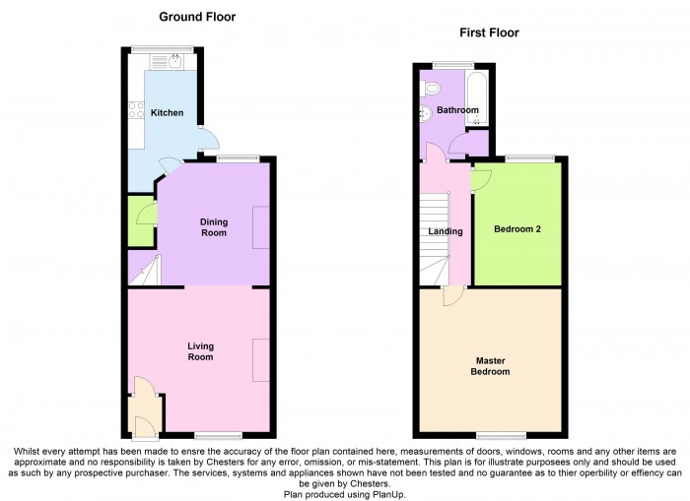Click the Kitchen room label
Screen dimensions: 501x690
point(167,113)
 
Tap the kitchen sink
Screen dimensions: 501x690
point(174,60)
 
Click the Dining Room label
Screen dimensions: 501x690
point(213,227)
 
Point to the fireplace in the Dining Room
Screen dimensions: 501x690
point(260,227)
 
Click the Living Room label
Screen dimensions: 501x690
point(200,351)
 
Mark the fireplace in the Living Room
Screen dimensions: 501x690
point(260,359)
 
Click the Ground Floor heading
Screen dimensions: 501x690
point(197,17)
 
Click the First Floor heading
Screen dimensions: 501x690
point(489,32)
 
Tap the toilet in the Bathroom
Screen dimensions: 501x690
point(429,90)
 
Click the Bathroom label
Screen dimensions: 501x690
point(457,110)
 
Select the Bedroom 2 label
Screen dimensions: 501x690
point(517,228)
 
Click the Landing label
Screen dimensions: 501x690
point(445,232)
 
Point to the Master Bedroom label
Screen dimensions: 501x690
point(490,366)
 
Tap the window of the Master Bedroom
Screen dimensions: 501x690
point(501,434)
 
